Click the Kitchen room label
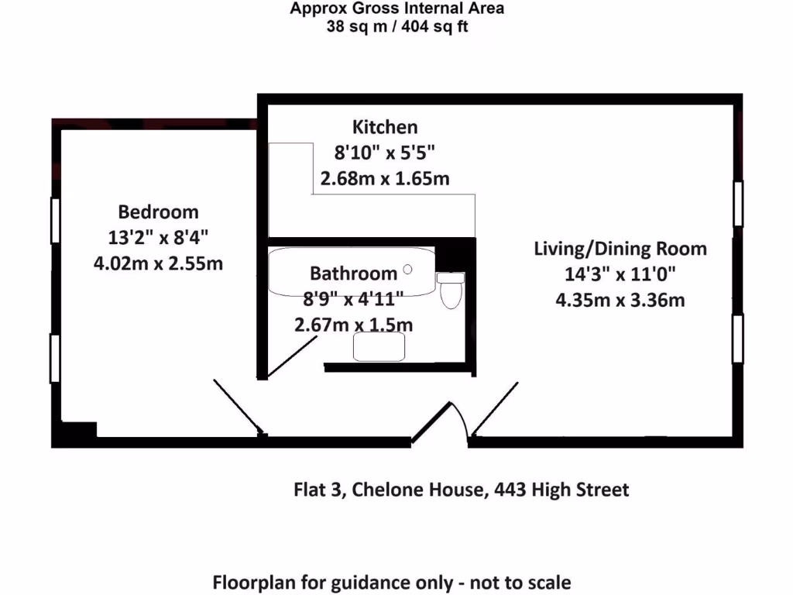(x=385, y=127)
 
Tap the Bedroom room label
(x=158, y=212)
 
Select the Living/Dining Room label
(x=620, y=249)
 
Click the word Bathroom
(x=353, y=273)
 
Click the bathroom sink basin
(x=379, y=347)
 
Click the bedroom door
(x=237, y=406)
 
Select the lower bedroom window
(x=55, y=358)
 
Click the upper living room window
(x=738, y=205)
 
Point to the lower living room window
(x=738, y=339)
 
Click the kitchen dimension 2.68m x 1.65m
(x=385, y=179)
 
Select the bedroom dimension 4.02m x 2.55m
(x=158, y=263)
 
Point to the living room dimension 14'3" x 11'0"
(x=620, y=274)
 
